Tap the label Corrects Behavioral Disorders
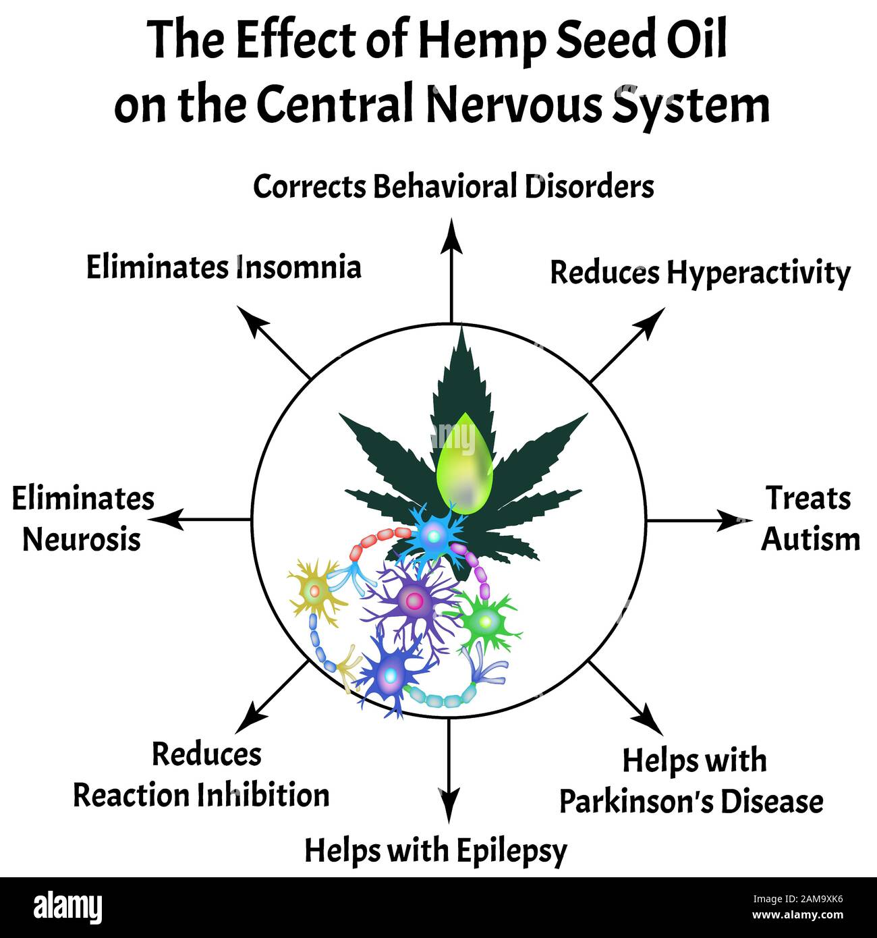pos(453,187)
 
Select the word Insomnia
pos(299,267)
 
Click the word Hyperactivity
pos(758,274)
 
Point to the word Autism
pos(810,540)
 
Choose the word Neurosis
pos(82,540)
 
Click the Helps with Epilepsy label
pos(435,851)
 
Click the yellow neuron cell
pos(314,592)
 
